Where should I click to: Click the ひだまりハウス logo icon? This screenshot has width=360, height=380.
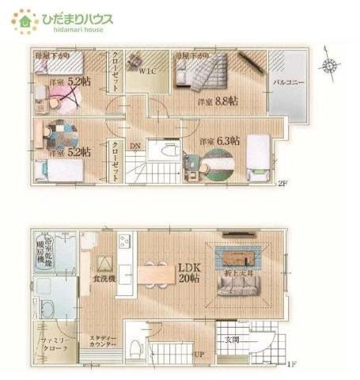pyautogui.click(x=25, y=21)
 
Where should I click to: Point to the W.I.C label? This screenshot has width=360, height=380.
pyautogui.click(x=150, y=71)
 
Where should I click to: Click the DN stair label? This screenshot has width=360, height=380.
pyautogui.click(x=135, y=146)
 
